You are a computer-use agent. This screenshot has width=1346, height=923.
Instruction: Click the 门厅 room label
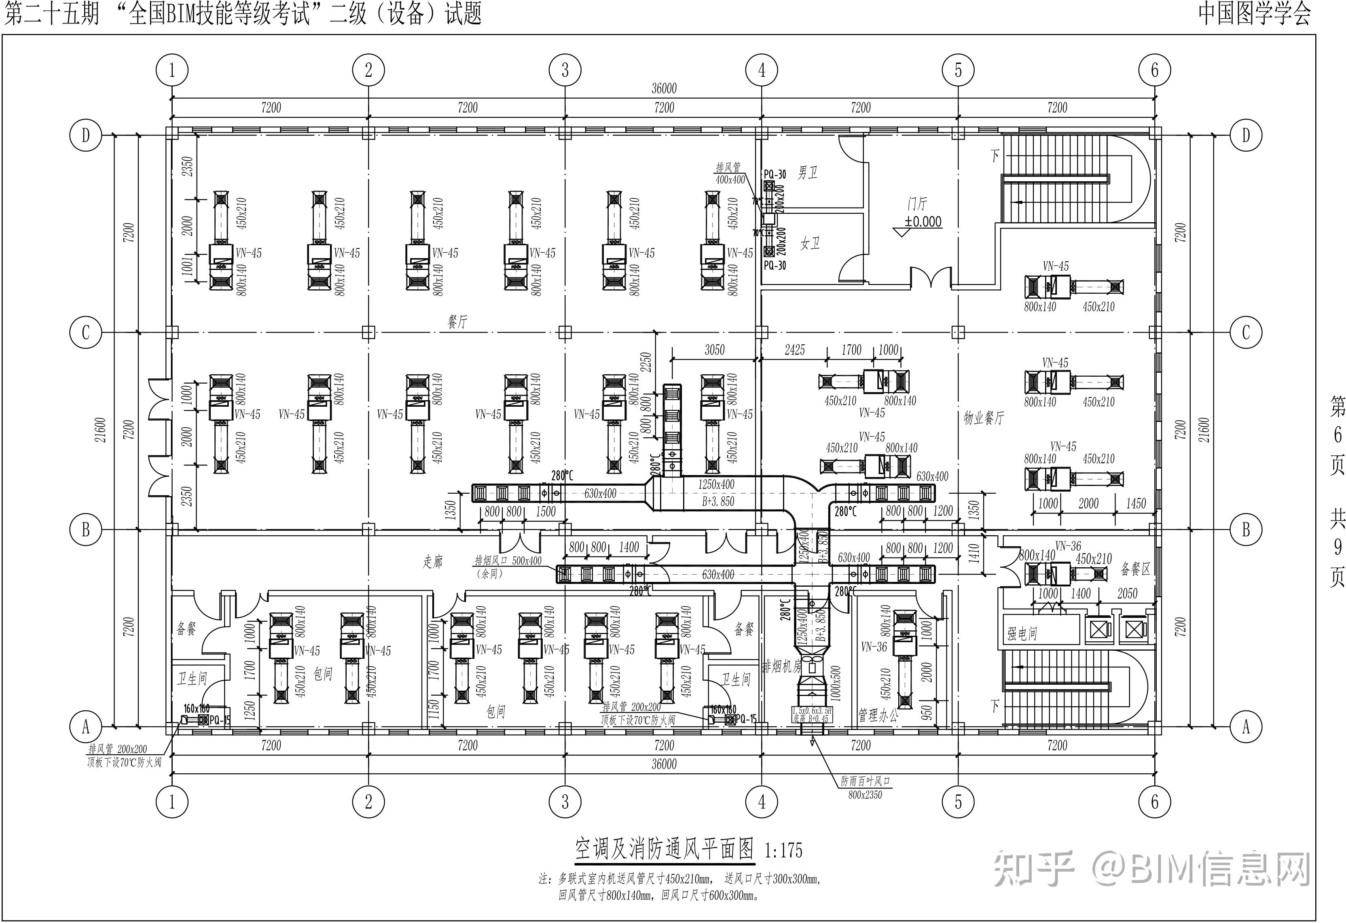point(917,204)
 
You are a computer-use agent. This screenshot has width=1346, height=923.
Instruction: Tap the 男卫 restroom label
point(807,173)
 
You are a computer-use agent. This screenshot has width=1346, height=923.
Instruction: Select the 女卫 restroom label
point(810,243)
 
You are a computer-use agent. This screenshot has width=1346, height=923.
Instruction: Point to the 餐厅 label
point(457,322)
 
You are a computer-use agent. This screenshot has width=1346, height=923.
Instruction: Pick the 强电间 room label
point(1022,634)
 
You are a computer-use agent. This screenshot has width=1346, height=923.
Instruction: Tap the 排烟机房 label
point(781,667)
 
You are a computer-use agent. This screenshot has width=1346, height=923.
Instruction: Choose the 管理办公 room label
point(878,715)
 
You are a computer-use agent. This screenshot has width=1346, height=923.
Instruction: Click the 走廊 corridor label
point(433,561)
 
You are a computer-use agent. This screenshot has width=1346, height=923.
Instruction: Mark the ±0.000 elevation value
point(923,222)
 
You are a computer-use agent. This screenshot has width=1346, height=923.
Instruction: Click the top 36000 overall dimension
point(664,89)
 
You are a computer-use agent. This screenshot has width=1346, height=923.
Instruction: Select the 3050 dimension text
point(714,350)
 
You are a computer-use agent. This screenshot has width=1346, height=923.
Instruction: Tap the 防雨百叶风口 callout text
point(865,782)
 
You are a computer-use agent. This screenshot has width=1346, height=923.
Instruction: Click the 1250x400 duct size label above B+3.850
point(716,484)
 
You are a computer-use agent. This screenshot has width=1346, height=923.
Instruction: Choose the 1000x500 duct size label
point(836,683)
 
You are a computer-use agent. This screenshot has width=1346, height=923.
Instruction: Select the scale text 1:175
point(784,851)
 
